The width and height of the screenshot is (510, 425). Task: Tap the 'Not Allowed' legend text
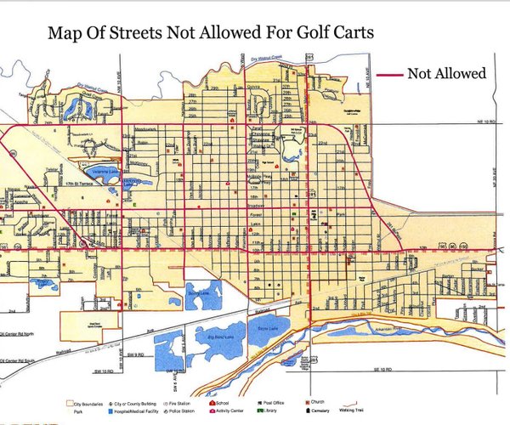point(446,74)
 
